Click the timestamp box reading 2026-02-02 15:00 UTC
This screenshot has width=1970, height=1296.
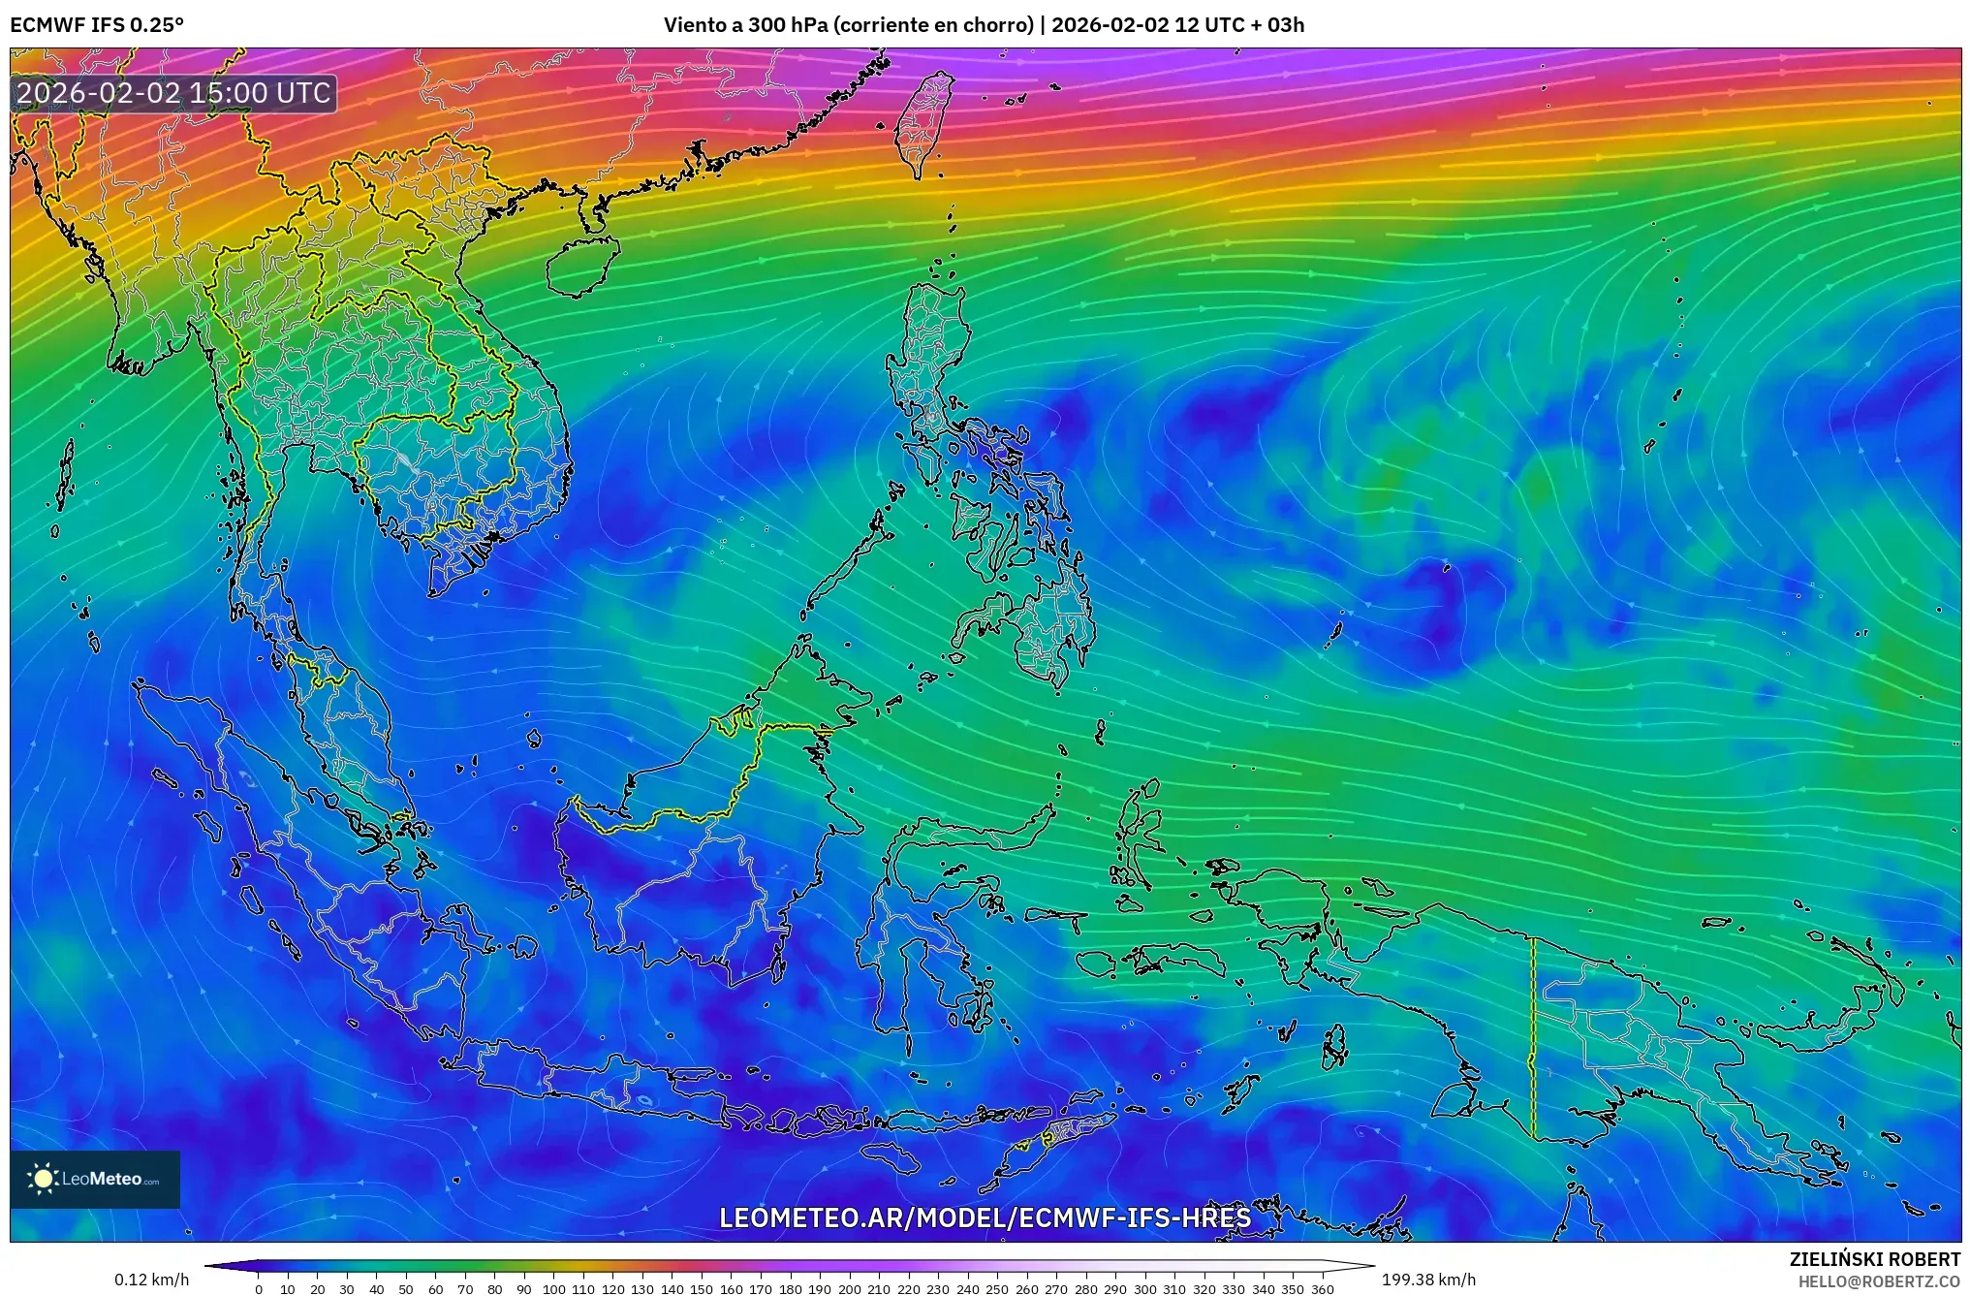click(x=174, y=93)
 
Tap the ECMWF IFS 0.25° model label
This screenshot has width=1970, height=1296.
click(x=97, y=24)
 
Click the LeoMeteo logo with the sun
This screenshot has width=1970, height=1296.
click(x=95, y=1179)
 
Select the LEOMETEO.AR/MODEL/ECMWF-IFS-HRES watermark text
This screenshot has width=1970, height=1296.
click(x=985, y=1217)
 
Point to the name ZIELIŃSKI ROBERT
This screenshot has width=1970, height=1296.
click(x=1874, y=1259)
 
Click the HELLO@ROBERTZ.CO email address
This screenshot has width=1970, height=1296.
click(x=1879, y=1281)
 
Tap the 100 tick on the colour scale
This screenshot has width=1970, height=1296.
click(x=553, y=1289)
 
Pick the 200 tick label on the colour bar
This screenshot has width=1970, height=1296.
click(x=849, y=1289)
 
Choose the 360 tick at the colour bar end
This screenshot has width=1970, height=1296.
click(x=1322, y=1289)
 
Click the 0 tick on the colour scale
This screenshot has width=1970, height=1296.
click(x=259, y=1289)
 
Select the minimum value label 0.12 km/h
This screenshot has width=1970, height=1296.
click(x=152, y=1280)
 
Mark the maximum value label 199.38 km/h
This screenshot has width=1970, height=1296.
click(x=1428, y=1280)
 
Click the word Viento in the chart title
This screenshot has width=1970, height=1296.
click(x=694, y=24)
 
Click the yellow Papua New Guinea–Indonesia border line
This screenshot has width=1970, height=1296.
click(x=1532, y=1037)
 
